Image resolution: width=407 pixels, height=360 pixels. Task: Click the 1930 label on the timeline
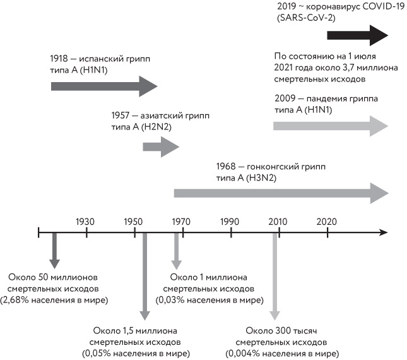tap(86, 222)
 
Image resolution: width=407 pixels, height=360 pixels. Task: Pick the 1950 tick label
tap(134, 222)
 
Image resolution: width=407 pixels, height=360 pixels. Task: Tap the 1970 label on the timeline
tap(182, 222)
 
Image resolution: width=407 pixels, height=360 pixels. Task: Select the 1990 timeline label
tap(230, 222)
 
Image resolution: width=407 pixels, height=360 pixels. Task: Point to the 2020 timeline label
tap(327, 222)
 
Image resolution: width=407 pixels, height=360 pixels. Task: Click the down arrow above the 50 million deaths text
tap(55, 251)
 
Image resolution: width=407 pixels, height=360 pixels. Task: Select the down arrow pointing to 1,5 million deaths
tap(145, 278)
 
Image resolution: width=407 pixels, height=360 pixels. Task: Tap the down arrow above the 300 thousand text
tap(275, 278)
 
